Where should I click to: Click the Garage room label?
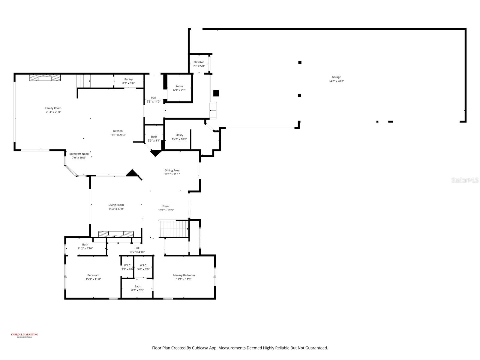click(336, 77)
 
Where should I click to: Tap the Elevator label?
click(199, 62)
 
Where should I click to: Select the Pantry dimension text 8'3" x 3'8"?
click(128, 83)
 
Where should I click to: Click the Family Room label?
click(53, 108)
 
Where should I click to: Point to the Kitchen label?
click(118, 131)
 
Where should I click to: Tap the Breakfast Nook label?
click(79, 154)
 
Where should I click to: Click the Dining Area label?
click(172, 170)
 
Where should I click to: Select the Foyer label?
click(166, 206)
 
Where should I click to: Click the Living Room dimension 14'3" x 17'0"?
click(116, 209)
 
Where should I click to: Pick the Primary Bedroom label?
click(184, 275)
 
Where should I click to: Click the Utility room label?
click(179, 135)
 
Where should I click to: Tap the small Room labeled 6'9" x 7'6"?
click(179, 88)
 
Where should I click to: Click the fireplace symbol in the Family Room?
click(45, 78)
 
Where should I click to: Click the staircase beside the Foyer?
click(173, 229)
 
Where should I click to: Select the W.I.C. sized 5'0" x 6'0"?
click(143, 267)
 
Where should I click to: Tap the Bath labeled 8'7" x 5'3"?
click(137, 288)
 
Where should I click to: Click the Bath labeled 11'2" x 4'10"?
click(85, 246)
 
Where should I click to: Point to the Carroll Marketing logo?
click(25, 335)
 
